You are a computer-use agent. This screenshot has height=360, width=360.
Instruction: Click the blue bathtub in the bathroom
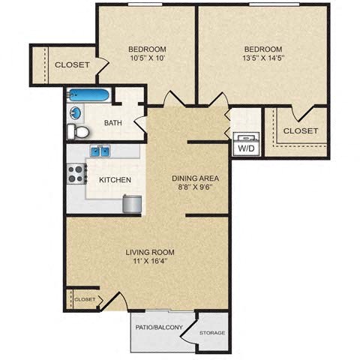point(89,95)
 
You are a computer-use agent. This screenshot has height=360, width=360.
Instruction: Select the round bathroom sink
point(75,113)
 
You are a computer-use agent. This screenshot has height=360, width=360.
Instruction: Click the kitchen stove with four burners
point(76,174)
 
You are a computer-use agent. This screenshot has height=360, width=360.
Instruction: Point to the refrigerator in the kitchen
point(131,203)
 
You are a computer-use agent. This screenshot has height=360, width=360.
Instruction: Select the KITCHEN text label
point(115,180)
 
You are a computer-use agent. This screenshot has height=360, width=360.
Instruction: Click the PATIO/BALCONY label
point(159,327)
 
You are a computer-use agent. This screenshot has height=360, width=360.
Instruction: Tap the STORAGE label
point(211,333)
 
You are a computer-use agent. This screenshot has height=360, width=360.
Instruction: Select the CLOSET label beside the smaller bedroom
point(72,65)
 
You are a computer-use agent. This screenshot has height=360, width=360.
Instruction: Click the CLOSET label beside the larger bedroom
point(300,130)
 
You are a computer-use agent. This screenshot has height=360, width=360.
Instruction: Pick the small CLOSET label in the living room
point(85,299)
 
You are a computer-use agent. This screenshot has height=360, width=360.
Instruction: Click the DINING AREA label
point(194,178)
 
